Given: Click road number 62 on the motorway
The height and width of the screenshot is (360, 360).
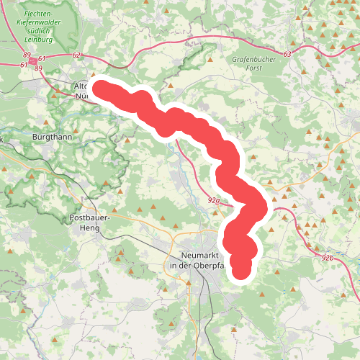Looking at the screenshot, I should (78, 55).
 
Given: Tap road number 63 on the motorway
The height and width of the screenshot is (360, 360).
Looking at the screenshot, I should (288, 54).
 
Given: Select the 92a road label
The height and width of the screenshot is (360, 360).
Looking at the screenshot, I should (213, 200).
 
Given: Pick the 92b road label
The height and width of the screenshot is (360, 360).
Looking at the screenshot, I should (328, 256).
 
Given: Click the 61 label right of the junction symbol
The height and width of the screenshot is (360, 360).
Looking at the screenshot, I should (43, 58).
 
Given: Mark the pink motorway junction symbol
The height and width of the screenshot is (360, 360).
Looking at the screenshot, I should (32, 61).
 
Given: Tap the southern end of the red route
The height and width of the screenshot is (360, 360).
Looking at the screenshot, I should (241, 269).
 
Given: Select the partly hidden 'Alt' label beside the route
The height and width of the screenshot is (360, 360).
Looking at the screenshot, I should (80, 86).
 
